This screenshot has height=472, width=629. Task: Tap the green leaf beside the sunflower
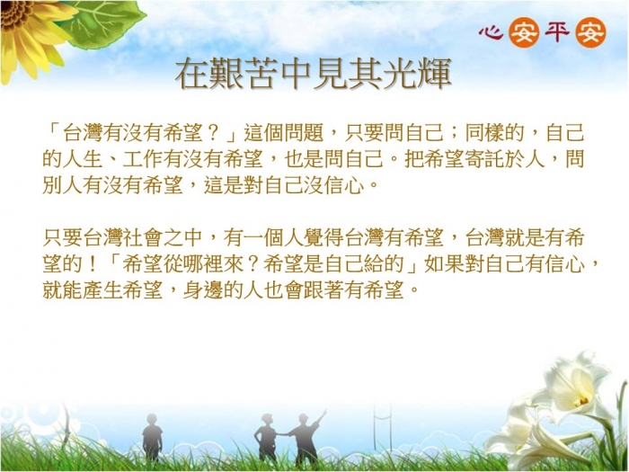click(x=106, y=24)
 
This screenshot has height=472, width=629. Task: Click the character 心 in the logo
click(x=491, y=32)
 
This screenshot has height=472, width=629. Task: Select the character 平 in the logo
click(x=557, y=32)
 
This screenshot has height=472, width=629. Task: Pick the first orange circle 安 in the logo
click(x=524, y=33)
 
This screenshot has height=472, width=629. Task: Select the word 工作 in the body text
click(x=143, y=160)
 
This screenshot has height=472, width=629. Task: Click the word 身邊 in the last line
click(x=203, y=290)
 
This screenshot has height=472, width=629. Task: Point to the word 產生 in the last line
click(x=102, y=290)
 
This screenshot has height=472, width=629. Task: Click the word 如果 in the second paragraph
click(x=444, y=264)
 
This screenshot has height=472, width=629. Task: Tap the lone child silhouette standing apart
click(x=152, y=439)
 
